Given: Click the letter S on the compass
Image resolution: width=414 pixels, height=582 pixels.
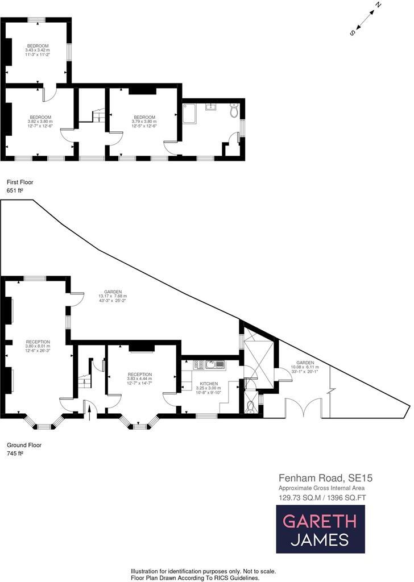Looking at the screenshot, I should click(353, 33).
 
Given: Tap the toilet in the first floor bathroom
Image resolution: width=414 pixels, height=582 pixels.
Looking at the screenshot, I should click(234, 111).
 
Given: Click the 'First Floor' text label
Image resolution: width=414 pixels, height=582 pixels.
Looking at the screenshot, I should click(20, 182).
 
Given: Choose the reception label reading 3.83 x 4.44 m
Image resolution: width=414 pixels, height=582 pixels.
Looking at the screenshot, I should click(139, 379).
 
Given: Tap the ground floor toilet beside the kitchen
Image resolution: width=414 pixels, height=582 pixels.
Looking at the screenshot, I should click(251, 405).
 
